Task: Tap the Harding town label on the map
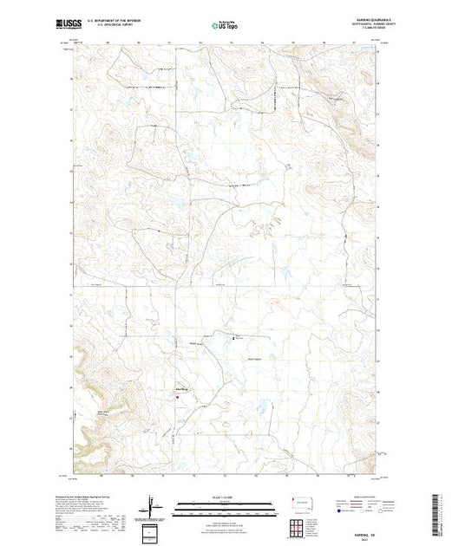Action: point(182,388)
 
